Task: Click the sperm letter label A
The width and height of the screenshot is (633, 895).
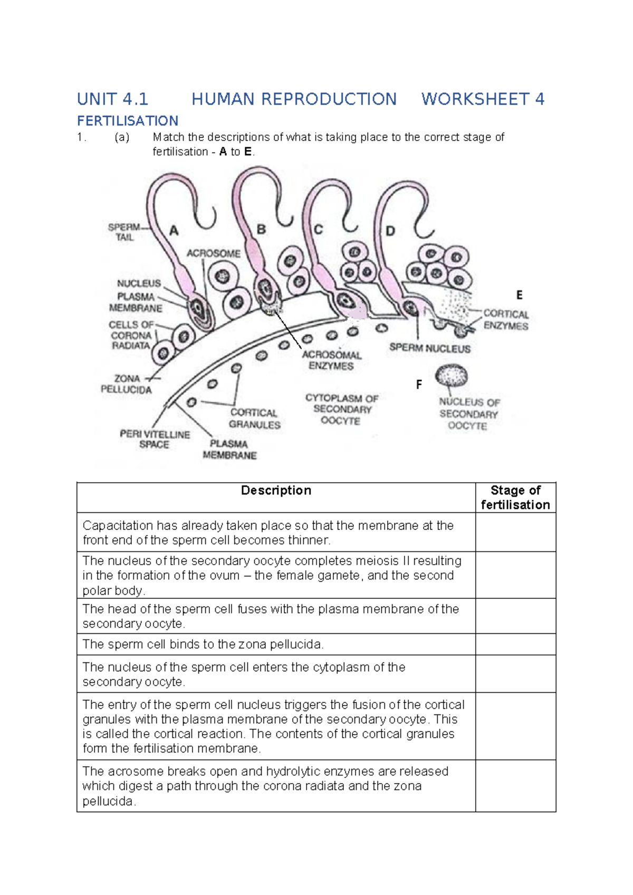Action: pos(174,231)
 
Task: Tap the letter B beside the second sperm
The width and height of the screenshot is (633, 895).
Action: pos(261,230)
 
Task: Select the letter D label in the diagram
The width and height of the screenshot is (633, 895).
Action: pos(390,231)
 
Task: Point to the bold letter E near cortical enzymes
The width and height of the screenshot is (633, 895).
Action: pos(519,295)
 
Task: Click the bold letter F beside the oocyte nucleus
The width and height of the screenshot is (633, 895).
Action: pos(419,385)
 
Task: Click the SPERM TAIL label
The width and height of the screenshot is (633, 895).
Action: pos(124,232)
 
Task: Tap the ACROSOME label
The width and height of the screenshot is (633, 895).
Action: pos(213,254)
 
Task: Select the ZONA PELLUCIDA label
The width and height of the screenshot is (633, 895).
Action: pos(127,384)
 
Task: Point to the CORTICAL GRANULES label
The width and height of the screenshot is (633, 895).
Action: pos(254,418)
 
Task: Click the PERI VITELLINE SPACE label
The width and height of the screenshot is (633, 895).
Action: pos(155,439)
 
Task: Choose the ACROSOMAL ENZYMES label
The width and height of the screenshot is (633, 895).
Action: pos(331,360)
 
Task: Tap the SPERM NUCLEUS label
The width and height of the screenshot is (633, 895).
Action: pos(430,348)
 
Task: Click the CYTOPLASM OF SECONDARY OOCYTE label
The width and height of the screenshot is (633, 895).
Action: pos(341,410)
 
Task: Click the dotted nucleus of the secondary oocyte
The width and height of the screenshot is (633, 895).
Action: pos(452,376)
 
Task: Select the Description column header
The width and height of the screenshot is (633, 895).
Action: pos(276,491)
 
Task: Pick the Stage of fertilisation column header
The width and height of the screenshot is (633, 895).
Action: pos(515,498)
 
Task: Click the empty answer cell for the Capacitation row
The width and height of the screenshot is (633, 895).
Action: pos(515,532)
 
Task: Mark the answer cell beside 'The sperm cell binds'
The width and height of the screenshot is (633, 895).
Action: pos(515,644)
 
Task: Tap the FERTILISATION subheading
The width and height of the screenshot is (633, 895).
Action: pos(128,121)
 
